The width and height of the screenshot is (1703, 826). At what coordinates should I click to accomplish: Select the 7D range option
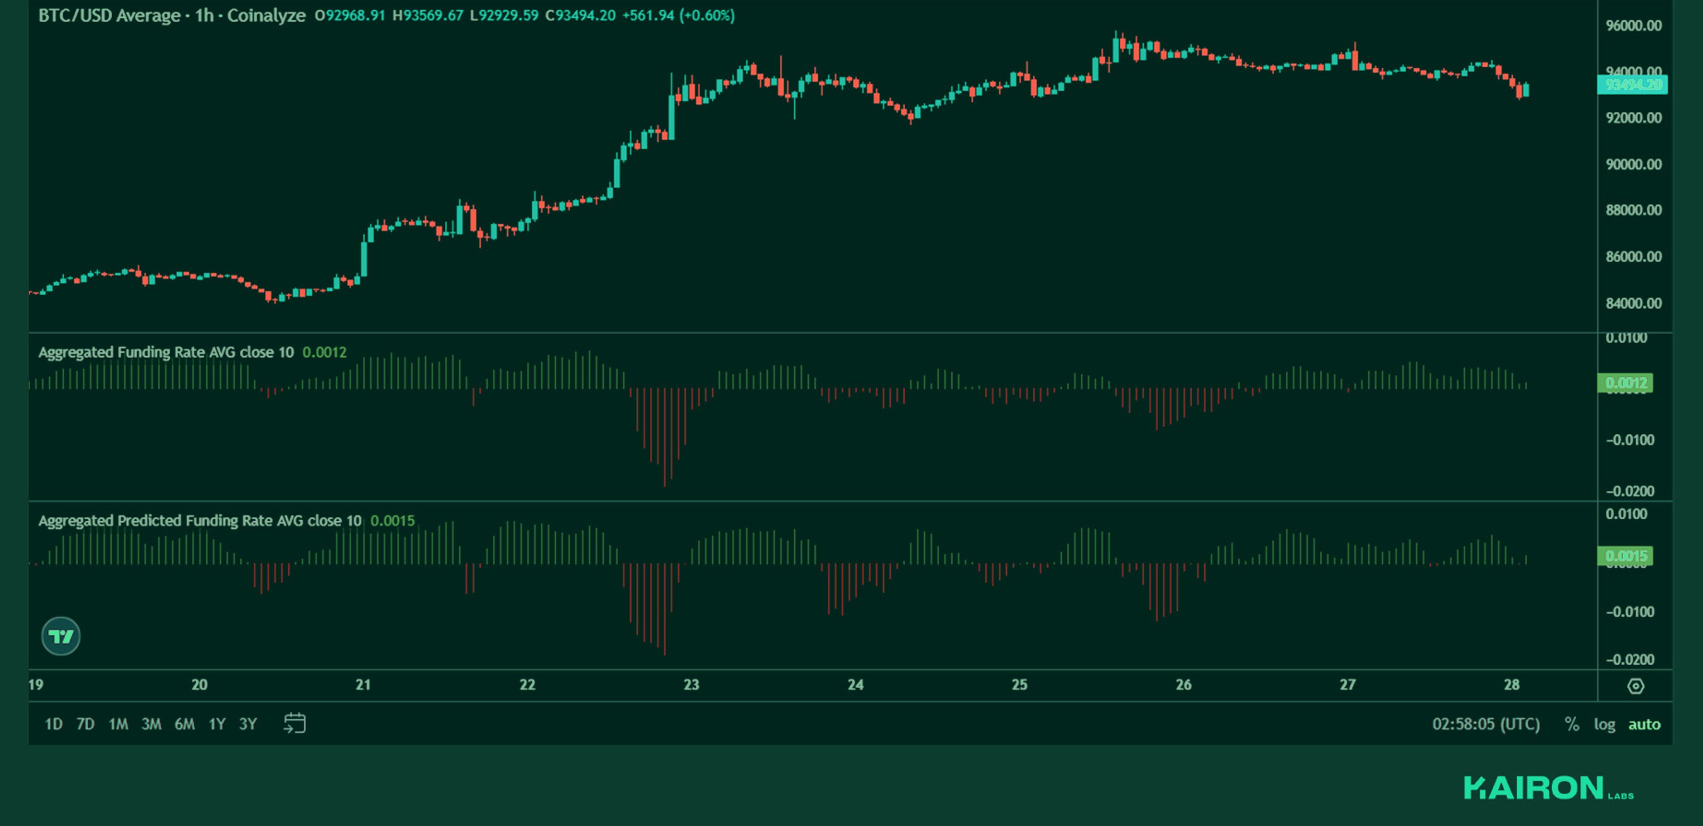(85, 724)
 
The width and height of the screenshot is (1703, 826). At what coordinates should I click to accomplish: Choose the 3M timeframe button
(151, 724)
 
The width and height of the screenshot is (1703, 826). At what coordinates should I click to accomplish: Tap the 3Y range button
(248, 724)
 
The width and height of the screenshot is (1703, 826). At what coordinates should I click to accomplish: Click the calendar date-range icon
(295, 724)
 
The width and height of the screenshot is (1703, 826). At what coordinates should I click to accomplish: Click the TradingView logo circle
(61, 636)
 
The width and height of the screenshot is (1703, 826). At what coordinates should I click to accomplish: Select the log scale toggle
(1605, 724)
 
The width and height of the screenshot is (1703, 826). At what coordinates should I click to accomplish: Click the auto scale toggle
(1644, 724)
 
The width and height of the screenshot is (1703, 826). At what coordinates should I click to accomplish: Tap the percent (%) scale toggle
(1572, 724)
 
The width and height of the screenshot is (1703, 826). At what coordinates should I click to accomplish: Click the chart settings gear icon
(1636, 686)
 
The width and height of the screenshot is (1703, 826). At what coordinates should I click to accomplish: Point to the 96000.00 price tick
(1633, 26)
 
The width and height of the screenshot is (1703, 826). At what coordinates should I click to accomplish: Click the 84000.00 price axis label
(1633, 303)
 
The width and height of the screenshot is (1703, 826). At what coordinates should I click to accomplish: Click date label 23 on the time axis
(691, 685)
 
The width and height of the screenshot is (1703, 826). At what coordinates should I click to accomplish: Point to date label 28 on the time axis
(1511, 685)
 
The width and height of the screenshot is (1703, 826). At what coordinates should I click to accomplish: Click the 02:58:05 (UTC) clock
(1486, 724)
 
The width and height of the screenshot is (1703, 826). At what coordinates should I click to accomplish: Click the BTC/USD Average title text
(109, 15)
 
